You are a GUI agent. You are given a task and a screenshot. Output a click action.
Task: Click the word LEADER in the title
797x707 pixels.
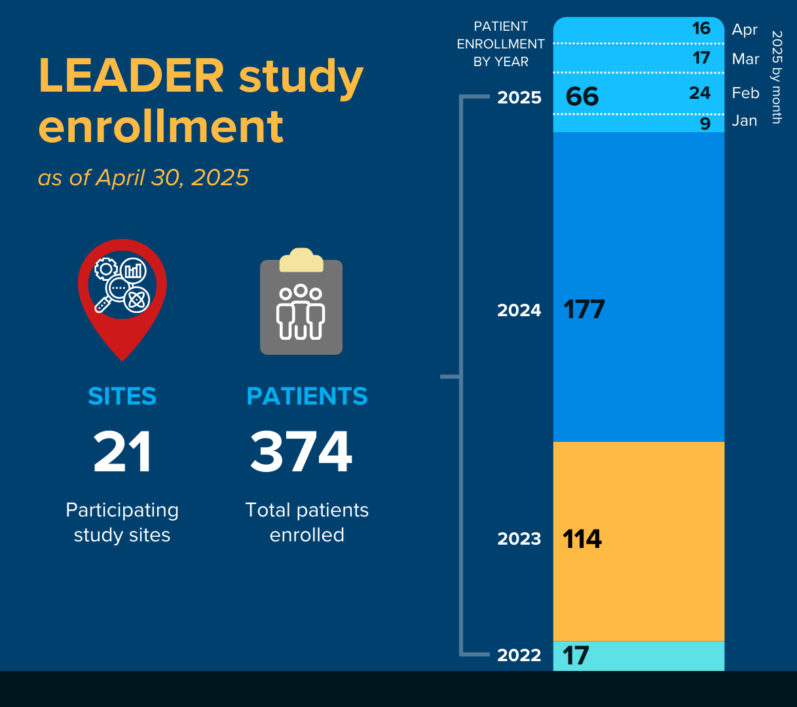pos(132,76)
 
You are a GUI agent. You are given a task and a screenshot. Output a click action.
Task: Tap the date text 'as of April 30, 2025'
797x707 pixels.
pos(143,177)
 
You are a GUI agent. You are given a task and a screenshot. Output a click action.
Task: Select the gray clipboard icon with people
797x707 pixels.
pos(301,304)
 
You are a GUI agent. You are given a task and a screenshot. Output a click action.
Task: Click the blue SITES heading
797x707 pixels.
pos(122,396)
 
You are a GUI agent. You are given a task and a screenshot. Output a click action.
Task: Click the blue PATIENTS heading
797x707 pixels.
pos(306,396)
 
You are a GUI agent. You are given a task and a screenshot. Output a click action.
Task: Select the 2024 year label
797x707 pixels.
pos(519,310)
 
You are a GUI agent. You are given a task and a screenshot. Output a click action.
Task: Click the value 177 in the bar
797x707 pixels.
pos(584,310)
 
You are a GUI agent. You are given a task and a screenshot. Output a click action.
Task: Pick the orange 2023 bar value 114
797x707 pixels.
pos(582,539)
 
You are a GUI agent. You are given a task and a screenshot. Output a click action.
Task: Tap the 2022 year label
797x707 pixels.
pos(519,655)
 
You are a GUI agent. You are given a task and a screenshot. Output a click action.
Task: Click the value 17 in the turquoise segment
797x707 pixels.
pos(576,656)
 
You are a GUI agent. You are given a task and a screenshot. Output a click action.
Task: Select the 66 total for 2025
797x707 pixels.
pos(582,97)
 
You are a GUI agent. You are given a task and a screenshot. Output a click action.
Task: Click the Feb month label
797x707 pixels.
pos(745,93)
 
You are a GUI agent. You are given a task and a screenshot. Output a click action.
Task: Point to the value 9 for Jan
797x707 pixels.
pos(705,123)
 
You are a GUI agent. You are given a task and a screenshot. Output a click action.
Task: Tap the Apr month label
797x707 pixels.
pos(745,29)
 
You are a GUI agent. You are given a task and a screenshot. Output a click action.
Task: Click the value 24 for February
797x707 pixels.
pos(699,93)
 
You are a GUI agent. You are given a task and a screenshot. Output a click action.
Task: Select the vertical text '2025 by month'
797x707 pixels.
pos(777,77)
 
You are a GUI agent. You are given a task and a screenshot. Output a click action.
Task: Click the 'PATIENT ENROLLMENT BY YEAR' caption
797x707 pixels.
pos(501,44)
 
